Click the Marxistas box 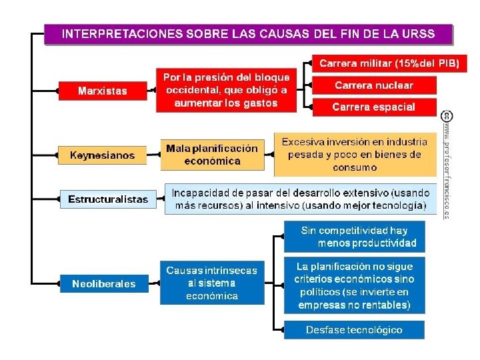102,91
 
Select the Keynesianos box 102,155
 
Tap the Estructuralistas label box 108,199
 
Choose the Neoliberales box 103,283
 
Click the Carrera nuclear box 373,85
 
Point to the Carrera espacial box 373,107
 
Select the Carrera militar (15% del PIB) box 389,64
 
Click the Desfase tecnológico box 354,330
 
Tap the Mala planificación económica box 212,155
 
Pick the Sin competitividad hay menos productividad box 354,237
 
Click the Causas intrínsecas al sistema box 212,283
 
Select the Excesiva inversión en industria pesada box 355,155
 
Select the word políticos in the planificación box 317,292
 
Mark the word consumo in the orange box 355,167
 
